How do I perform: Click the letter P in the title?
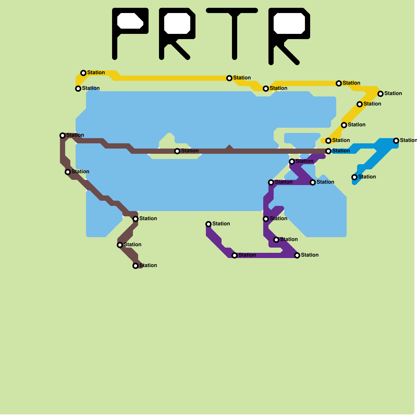tap(115, 34)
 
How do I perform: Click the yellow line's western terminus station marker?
tap(78, 89)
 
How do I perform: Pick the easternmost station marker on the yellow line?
tap(381, 94)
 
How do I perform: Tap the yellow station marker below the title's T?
tap(229, 78)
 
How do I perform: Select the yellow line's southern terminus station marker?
tap(328, 141)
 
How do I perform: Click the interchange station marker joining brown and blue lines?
tap(328, 151)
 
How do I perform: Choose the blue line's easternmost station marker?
tap(396, 141)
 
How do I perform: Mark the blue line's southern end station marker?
tap(354, 177)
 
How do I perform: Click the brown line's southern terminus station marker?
tap(136, 266)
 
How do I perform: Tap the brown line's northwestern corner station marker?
tap(63, 136)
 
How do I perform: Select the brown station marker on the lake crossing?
tap(177, 151)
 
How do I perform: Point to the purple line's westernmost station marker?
tap(208, 224)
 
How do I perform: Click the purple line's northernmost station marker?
tap(292, 162)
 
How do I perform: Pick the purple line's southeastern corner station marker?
tap(297, 255)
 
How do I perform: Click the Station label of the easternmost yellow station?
tap(393, 93)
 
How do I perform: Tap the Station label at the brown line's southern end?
tap(148, 265)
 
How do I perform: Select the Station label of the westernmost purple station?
tap(221, 224)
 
